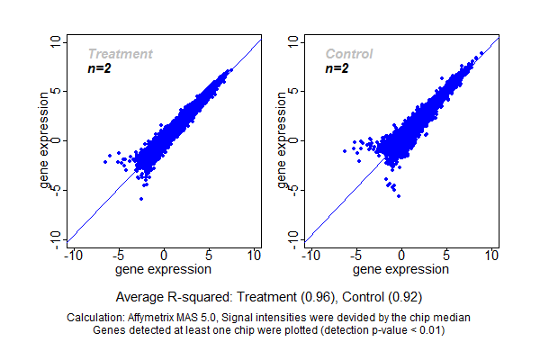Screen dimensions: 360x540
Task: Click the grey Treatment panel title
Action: (x=120, y=55)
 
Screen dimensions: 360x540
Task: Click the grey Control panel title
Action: (x=349, y=55)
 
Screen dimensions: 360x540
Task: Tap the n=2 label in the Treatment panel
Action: (x=99, y=68)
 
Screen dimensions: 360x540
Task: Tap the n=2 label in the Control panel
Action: (x=337, y=68)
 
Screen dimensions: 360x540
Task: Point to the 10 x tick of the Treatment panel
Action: (x=254, y=256)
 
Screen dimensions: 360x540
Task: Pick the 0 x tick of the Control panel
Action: (x=401, y=256)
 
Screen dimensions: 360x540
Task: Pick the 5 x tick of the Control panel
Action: (x=446, y=256)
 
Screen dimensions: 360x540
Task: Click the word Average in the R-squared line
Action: (x=140, y=296)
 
